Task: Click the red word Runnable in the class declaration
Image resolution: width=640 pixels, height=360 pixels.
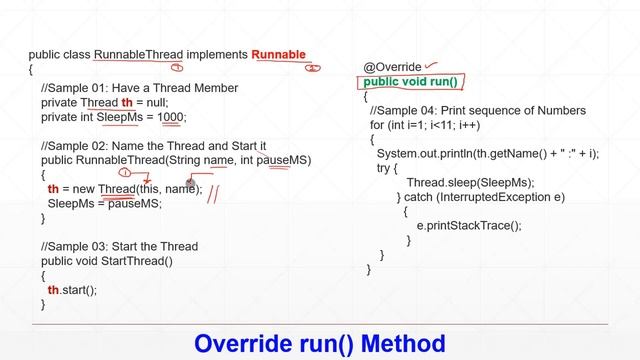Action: tap(278, 55)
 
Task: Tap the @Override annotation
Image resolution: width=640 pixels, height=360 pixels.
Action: tap(392, 67)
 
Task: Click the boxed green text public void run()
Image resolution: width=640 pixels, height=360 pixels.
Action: tap(410, 82)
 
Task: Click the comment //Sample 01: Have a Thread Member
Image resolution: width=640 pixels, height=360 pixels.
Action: tap(139, 88)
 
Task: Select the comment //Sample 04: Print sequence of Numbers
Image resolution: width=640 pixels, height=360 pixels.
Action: tap(477, 111)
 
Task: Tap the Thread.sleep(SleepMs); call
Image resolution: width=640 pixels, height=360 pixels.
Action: tap(470, 182)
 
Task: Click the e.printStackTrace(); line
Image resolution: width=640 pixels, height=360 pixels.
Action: tap(469, 225)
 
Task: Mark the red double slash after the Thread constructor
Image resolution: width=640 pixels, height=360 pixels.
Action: tap(214, 191)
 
